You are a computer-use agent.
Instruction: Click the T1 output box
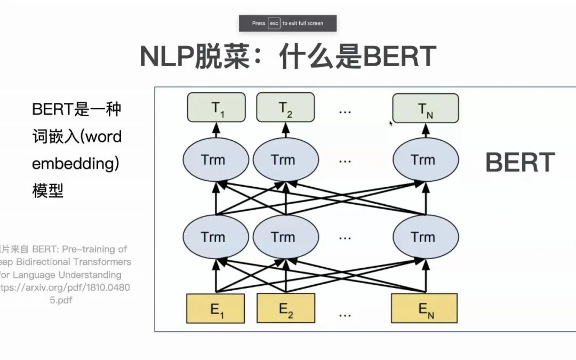tap(217, 108)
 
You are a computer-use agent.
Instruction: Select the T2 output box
tap(285, 108)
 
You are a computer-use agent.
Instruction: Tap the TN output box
tap(425, 108)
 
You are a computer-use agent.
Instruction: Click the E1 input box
tap(215, 309)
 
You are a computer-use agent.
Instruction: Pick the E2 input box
tap(286, 308)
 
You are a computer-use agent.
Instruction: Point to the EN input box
tap(425, 309)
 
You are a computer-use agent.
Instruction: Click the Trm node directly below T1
tap(215, 159)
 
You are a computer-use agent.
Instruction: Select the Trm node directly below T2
tap(285, 159)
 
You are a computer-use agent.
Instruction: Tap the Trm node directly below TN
tap(425, 159)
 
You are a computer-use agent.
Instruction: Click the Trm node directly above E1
tap(215, 236)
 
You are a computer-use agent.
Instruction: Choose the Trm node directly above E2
tap(285, 236)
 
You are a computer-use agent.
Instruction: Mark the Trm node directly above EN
tap(425, 236)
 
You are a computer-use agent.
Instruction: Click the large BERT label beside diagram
tap(520, 162)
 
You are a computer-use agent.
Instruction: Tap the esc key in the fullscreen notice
tap(274, 23)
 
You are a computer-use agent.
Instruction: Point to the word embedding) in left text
tap(75, 164)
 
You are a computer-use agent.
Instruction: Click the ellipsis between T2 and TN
tap(345, 110)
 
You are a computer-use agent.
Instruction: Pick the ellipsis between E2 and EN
tap(345, 314)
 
